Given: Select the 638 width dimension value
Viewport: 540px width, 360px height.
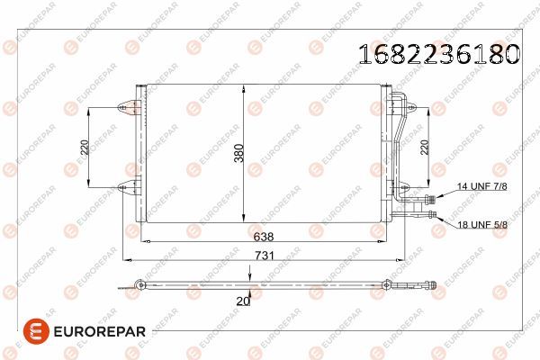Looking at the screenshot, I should [264, 238].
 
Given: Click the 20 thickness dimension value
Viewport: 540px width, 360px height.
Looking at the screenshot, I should [241, 303].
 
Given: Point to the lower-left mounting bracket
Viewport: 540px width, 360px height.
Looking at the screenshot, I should [127, 188].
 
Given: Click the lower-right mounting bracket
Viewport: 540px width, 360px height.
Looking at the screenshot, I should [410, 188].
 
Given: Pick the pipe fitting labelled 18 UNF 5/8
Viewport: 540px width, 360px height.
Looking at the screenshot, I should [435, 215].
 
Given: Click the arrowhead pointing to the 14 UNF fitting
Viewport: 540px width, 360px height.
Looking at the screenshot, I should [443, 197].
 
